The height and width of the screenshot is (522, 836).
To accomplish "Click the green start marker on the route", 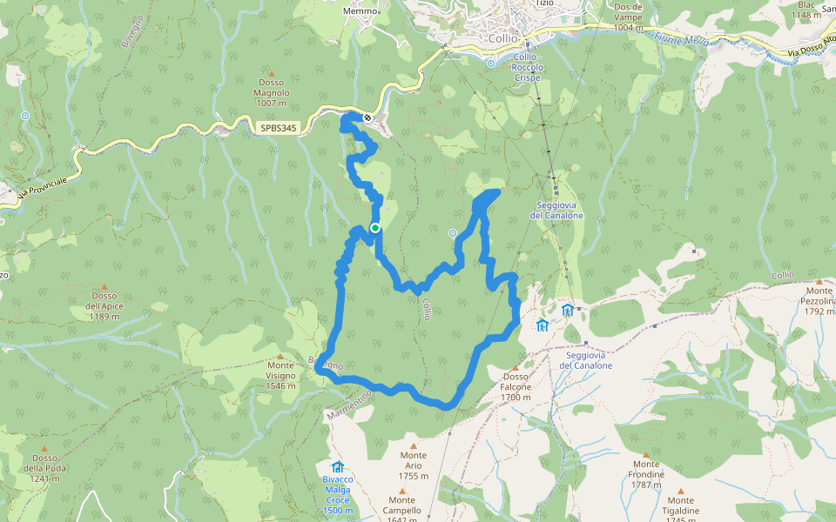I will (375, 228).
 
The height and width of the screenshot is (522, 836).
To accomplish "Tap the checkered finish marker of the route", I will (368, 117).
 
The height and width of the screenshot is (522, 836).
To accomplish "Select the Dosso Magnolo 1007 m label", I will (271, 93).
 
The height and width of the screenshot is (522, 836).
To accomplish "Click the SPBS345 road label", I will (279, 128).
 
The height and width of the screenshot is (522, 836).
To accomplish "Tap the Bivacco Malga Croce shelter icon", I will (338, 467).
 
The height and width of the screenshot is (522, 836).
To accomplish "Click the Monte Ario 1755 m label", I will (414, 465).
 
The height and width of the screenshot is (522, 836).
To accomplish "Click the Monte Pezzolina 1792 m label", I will (819, 301).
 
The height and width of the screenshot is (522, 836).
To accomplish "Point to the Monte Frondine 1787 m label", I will (646, 475).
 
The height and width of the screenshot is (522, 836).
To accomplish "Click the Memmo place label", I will (362, 10).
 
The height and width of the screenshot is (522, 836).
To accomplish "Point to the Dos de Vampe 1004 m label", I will (628, 17).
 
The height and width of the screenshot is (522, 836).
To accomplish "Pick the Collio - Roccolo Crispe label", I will (528, 67).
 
